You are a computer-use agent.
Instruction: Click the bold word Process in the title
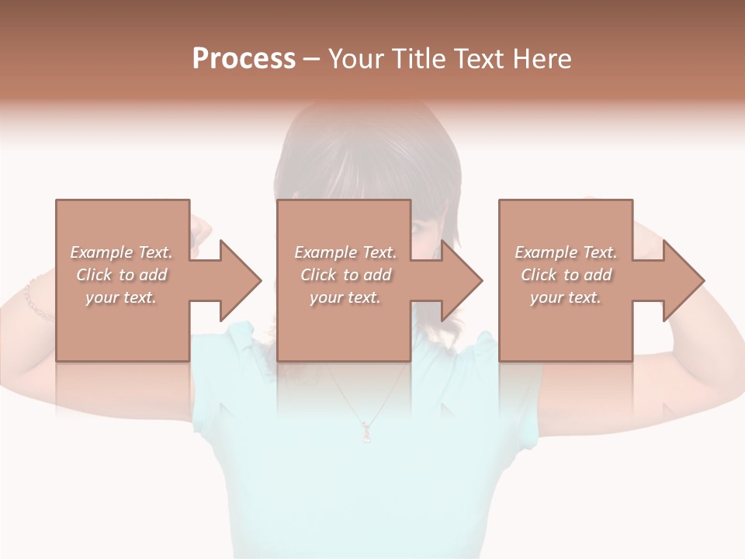click(x=244, y=59)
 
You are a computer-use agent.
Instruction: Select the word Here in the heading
click(x=541, y=59)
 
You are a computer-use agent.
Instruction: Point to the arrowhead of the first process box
click(x=241, y=280)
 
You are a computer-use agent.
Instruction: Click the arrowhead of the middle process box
click(x=462, y=280)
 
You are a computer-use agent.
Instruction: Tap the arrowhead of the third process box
click(x=684, y=280)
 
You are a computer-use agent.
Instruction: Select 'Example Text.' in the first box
click(x=121, y=252)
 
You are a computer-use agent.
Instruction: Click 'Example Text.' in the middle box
click(x=345, y=252)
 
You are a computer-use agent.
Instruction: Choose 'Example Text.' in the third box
click(x=566, y=252)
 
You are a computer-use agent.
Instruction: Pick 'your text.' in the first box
click(x=121, y=297)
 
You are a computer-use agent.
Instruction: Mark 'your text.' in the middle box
click(x=345, y=297)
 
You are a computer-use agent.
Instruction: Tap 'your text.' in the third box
click(x=566, y=297)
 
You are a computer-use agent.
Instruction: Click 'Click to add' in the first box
click(x=121, y=275)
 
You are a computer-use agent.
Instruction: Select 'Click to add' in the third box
click(x=566, y=275)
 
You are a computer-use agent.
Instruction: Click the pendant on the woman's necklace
click(x=366, y=429)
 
